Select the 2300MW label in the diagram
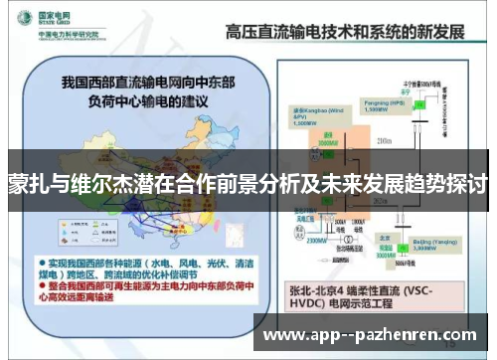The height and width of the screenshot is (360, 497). click(x=316, y=240)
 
